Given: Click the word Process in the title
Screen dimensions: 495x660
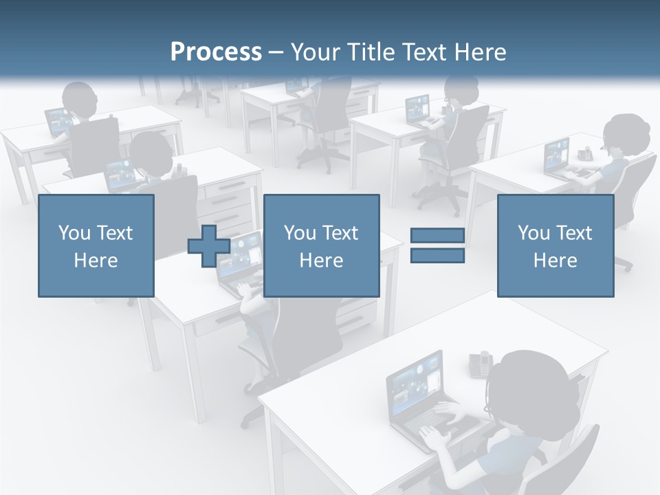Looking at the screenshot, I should tap(216, 52).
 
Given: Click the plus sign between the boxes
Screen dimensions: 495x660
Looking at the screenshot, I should tap(209, 246).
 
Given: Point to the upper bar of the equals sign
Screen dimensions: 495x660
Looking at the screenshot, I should tap(437, 236).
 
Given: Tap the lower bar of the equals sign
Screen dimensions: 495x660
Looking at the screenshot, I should tap(437, 256).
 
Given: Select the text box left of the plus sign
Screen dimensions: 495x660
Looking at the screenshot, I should tap(96, 245).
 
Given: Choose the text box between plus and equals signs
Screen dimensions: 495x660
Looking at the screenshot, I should tap(321, 245).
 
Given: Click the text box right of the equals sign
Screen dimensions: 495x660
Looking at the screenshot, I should tap(555, 245).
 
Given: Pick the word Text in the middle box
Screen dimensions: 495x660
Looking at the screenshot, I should tap(340, 233).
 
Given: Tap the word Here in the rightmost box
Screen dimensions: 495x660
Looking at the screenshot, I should tap(555, 261).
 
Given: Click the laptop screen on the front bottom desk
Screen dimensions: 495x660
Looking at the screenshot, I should tap(415, 381).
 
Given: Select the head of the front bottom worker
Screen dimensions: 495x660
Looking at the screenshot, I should tap(529, 385).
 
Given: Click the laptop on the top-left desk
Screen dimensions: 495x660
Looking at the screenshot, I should tap(58, 122).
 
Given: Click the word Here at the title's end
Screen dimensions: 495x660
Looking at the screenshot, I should tap(481, 52).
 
